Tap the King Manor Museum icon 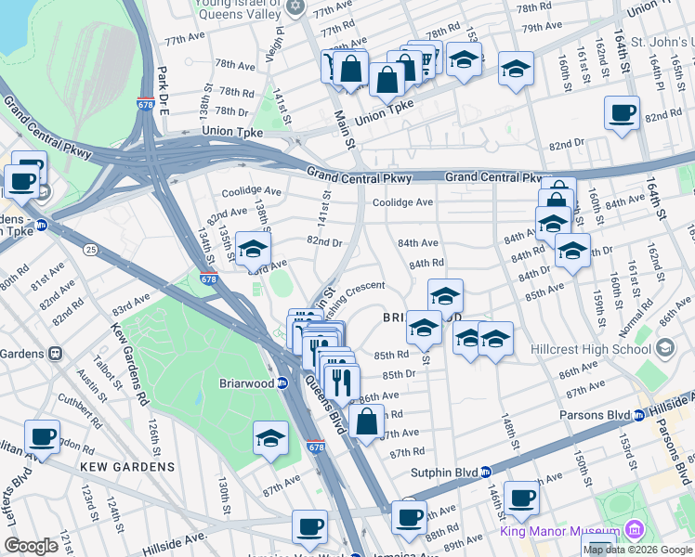click(636, 531)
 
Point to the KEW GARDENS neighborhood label click(127, 466)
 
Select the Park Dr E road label click(163, 91)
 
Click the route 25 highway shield click(91, 249)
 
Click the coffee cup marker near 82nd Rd click(622, 113)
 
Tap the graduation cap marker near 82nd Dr click(252, 247)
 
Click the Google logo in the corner click(31, 546)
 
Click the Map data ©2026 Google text click(637, 550)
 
